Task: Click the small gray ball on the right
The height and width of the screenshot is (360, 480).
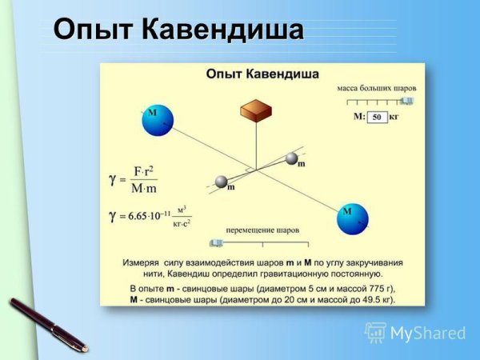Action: (293, 158)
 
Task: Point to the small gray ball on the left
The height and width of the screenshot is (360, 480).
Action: (222, 182)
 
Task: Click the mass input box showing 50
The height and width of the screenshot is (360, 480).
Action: (378, 117)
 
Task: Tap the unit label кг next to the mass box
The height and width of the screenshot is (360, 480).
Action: (394, 117)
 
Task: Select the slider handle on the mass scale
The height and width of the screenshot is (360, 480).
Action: (407, 101)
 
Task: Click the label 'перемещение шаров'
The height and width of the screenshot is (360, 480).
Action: (262, 230)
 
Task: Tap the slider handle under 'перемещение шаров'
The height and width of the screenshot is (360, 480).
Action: (215, 242)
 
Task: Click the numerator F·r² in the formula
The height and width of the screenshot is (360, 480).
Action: (145, 171)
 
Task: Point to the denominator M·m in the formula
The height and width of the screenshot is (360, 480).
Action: (145, 188)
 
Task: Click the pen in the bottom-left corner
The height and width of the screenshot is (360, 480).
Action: (48, 324)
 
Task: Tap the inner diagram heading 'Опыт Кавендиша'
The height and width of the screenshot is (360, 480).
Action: (262, 74)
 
